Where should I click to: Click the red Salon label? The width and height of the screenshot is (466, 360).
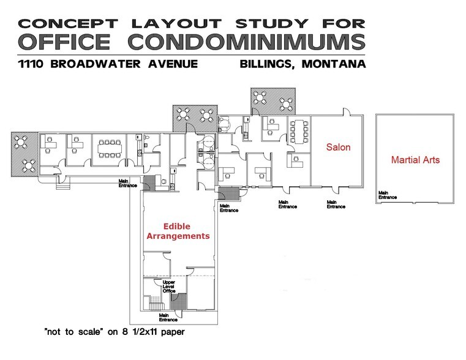[x=338, y=148]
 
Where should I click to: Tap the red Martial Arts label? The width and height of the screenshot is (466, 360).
[x=415, y=160]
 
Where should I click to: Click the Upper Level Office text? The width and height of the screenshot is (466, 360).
[x=161, y=286]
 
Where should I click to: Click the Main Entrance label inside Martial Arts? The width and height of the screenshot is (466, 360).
[x=387, y=195]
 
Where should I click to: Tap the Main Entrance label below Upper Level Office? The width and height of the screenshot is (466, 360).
[x=168, y=317]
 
